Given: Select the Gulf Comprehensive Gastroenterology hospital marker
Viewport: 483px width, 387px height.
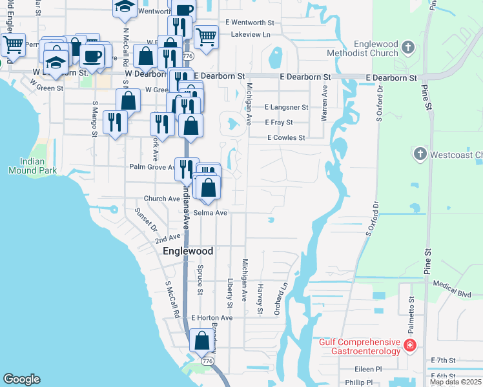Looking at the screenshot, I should pos(409,346).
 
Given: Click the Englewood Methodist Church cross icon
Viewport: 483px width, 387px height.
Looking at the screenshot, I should pos(407,46).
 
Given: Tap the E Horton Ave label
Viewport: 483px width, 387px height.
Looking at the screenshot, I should pos(212,318).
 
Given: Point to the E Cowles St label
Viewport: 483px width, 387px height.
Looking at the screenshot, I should pos(286,137).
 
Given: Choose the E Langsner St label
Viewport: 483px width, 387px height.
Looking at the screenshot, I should pos(287,107).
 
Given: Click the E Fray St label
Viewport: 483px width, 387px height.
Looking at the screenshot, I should pos(279,122).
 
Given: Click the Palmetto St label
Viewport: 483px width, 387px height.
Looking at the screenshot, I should pos(411,309).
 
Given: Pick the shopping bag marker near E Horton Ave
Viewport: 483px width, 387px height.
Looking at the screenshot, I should pos(201,340).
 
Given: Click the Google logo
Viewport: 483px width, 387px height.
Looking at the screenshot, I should pos(21,379).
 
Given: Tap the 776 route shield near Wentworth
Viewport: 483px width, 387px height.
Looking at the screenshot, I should pos(188,57).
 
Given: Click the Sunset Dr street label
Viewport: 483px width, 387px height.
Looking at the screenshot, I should pos(145,219).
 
